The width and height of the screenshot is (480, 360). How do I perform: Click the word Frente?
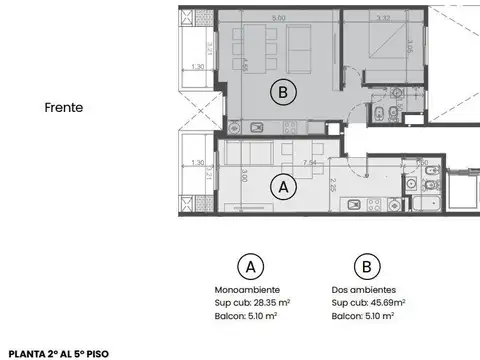(x=62, y=106)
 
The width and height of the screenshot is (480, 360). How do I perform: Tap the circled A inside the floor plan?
(x=283, y=186)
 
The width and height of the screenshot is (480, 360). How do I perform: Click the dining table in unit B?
(x=250, y=45)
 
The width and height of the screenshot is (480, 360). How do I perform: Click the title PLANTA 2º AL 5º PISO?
(x=57, y=353)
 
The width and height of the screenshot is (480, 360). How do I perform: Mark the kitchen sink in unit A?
(x=354, y=204)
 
